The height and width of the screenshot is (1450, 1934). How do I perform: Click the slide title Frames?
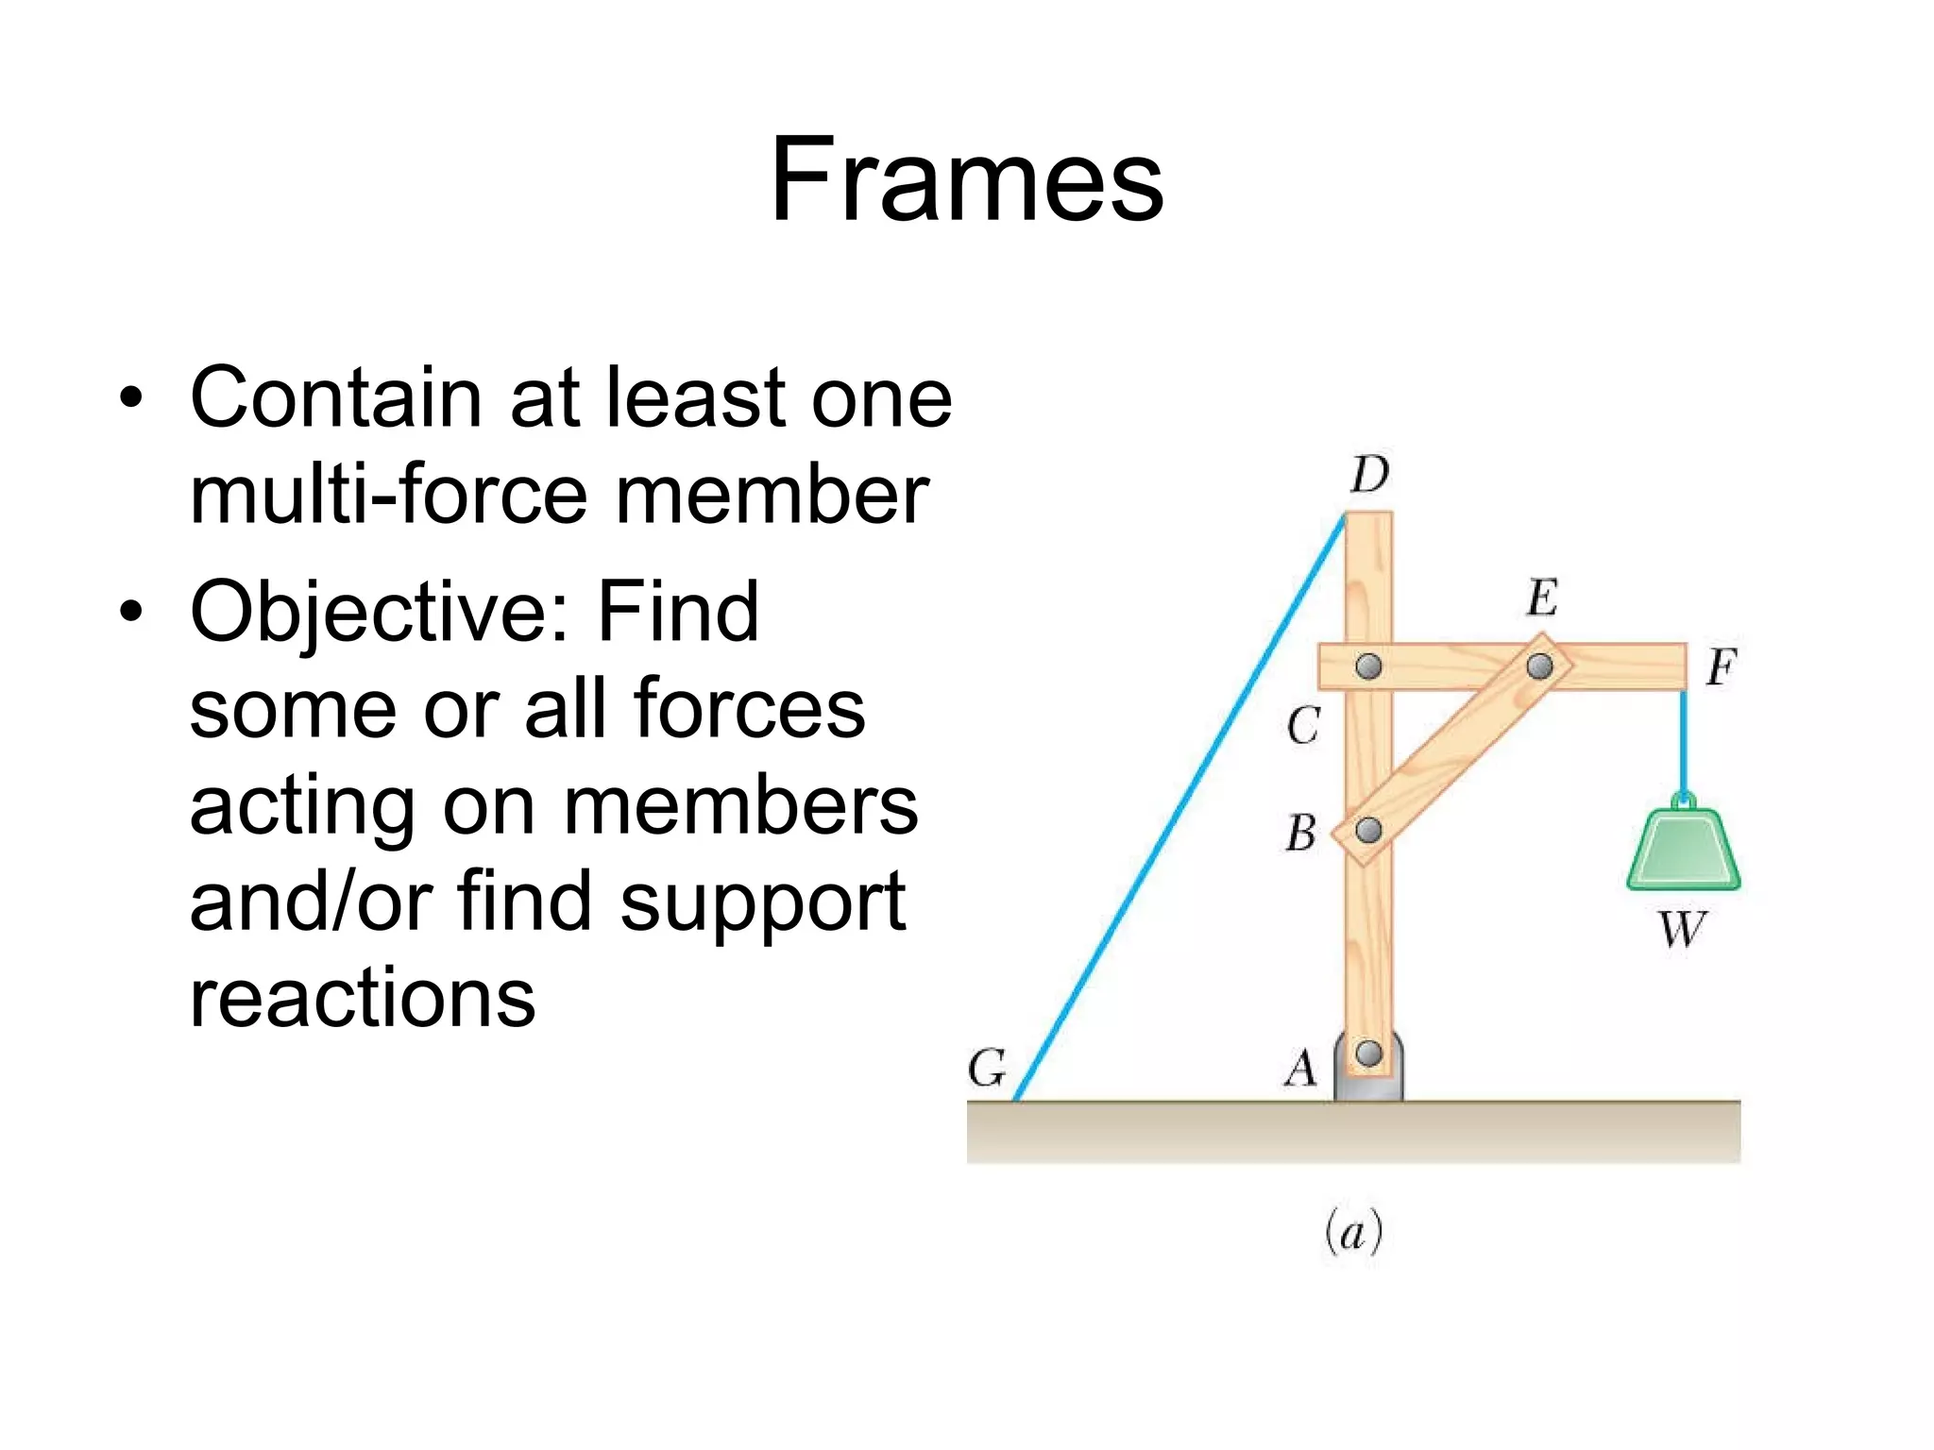tap(967, 179)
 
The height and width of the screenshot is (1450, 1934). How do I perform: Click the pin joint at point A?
tap(1368, 1053)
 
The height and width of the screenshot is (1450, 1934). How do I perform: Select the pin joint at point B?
tap(1368, 831)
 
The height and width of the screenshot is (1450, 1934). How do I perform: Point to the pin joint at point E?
tap(1539, 666)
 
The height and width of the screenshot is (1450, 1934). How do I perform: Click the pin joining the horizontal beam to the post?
tap(1368, 666)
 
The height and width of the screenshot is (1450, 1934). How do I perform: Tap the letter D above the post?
tap(1369, 474)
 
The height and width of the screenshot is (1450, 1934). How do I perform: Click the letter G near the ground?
tap(988, 1069)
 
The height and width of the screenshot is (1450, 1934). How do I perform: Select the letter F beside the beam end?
tap(1721, 667)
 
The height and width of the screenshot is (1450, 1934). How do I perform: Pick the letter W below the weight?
tap(1683, 929)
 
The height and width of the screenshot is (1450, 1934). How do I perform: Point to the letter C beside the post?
tap(1303, 726)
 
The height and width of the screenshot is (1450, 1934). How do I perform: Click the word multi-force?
tap(388, 495)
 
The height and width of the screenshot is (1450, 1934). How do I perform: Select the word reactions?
tap(363, 999)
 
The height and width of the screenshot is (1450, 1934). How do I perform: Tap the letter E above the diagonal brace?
tap(1542, 598)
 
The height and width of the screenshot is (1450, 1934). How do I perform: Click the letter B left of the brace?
tap(1301, 834)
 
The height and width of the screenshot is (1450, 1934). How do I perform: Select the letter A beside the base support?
tap(1300, 1070)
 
